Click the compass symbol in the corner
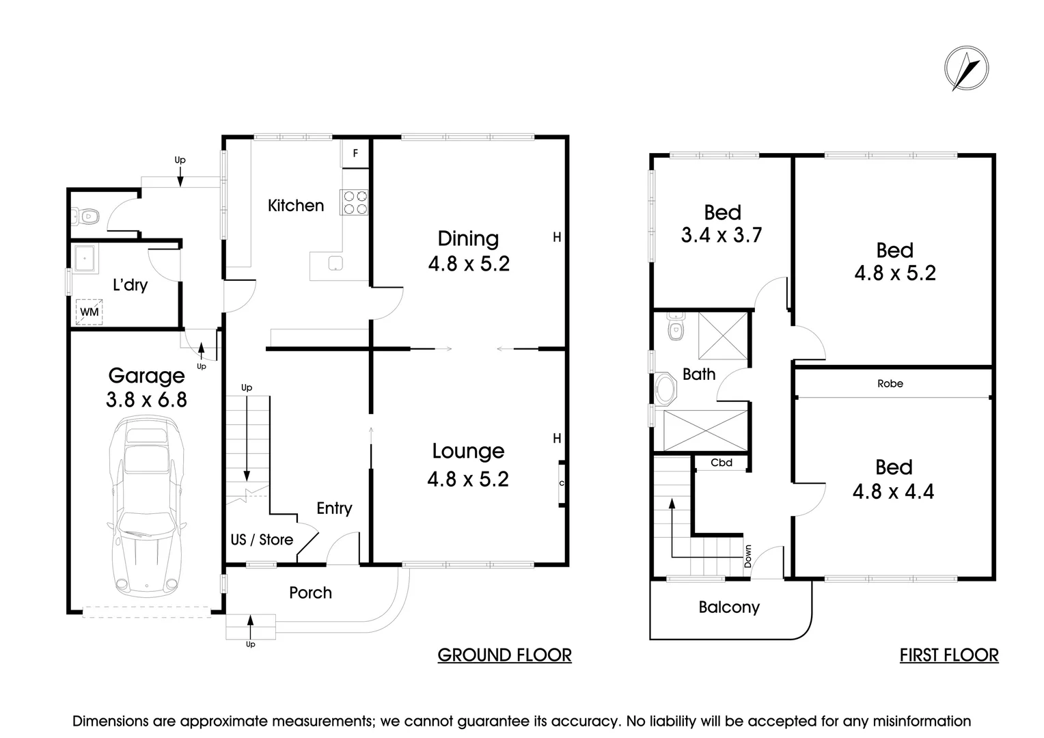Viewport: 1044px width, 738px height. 966,69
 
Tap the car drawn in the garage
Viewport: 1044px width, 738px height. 146,506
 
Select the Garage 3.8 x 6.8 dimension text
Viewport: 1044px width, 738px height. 146,399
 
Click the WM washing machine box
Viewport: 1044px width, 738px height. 90,312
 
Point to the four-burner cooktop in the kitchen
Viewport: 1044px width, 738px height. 355,202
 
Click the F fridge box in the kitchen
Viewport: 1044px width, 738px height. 355,154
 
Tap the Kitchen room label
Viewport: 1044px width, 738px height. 296,205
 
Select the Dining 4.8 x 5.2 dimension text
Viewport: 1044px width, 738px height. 469,264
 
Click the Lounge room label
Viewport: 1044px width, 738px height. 468,451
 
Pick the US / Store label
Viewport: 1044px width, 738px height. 262,540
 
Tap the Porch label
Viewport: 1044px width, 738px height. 310,593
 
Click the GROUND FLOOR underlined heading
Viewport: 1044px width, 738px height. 504,655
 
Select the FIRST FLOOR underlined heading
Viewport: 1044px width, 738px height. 948,655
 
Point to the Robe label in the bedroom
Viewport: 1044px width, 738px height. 890,384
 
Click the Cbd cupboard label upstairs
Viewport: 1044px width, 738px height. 721,463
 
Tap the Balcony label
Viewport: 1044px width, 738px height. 729,607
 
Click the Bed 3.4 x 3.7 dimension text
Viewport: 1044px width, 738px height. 722,235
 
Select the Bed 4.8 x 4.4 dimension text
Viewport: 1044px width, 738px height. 893,491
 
